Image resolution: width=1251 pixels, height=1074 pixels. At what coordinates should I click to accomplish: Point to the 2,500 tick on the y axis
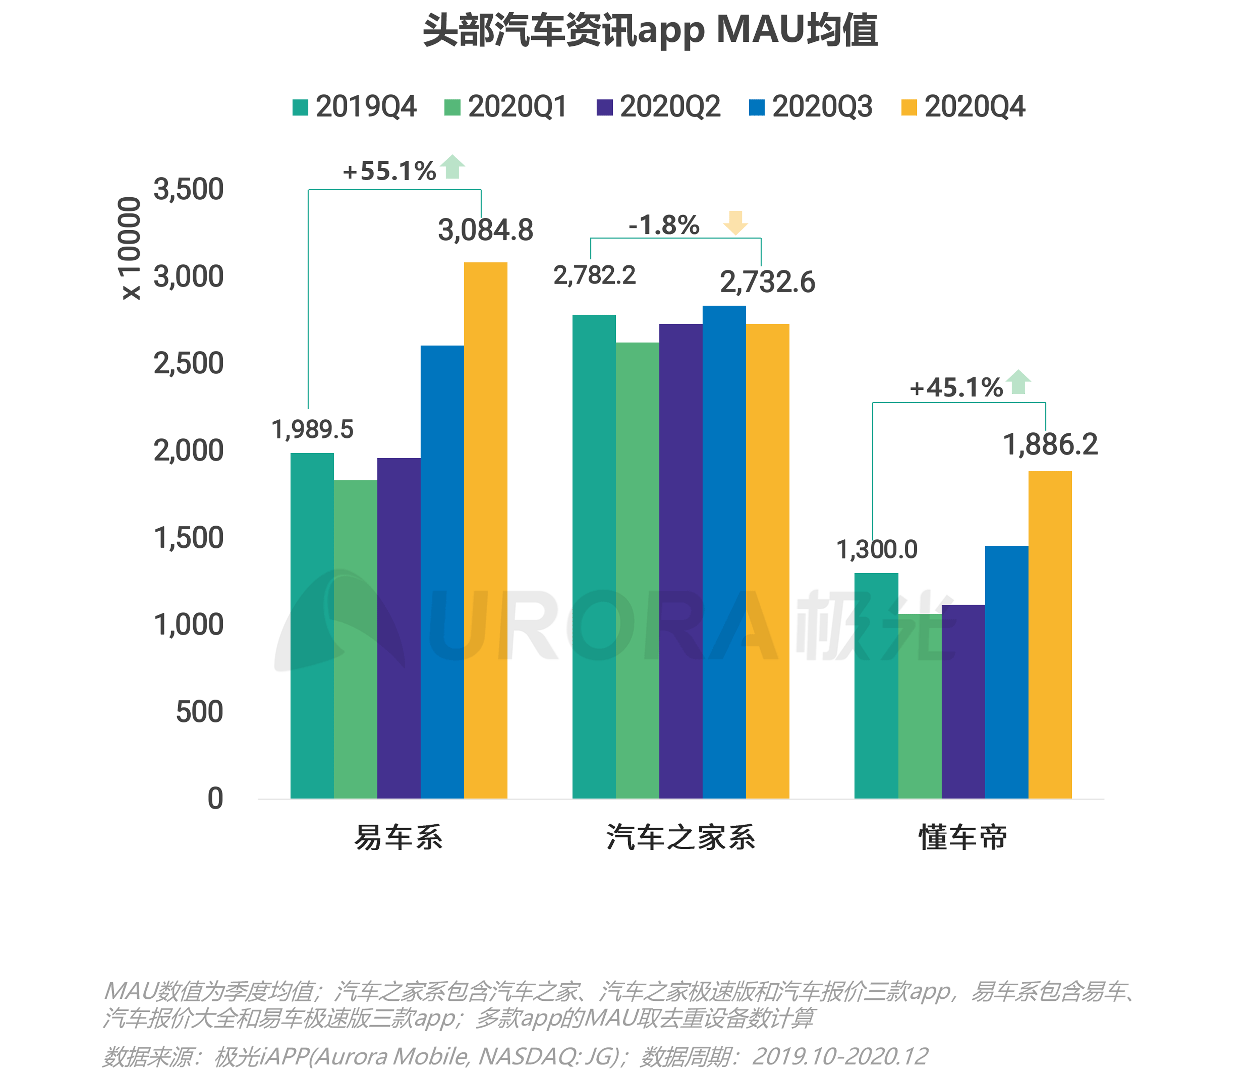click(188, 363)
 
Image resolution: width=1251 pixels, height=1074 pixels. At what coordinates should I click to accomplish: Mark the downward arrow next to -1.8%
click(735, 223)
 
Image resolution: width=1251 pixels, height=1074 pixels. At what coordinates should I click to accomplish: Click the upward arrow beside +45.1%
click(1019, 382)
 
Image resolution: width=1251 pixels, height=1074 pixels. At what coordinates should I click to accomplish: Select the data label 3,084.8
click(485, 230)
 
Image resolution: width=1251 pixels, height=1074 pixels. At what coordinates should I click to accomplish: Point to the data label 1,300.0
click(877, 549)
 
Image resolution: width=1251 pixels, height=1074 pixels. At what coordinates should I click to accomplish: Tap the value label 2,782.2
click(595, 275)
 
